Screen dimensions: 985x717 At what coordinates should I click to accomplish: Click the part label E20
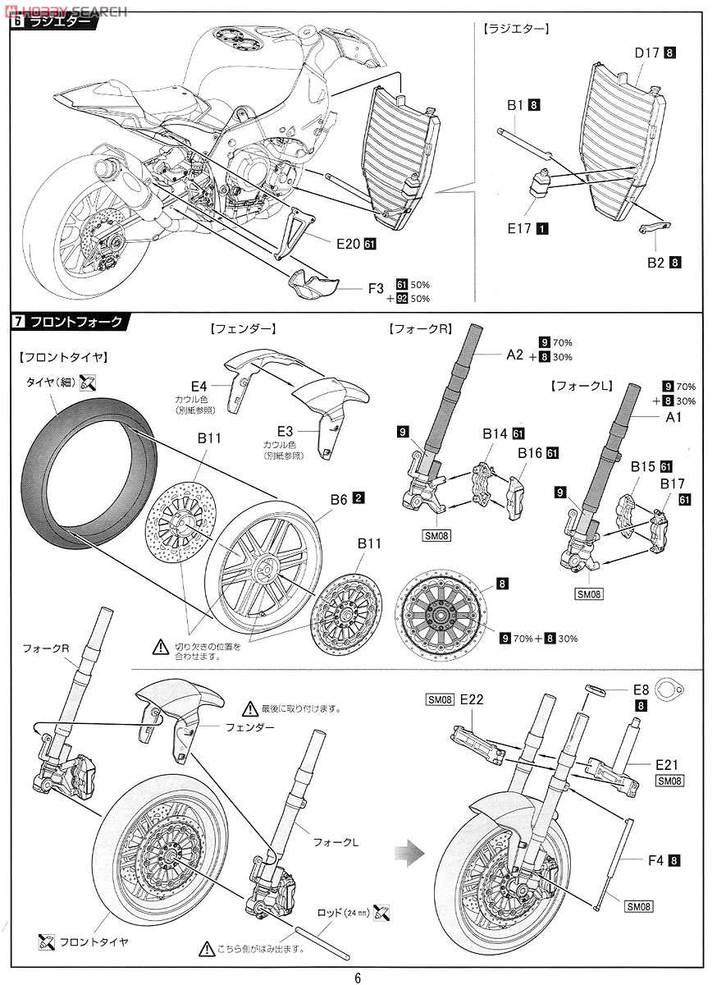(347, 244)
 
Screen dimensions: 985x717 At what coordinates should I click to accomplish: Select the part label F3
(376, 289)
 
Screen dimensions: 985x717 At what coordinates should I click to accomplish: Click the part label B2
(655, 263)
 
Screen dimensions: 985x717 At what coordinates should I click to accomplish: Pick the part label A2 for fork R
(514, 355)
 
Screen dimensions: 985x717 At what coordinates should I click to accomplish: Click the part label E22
(472, 699)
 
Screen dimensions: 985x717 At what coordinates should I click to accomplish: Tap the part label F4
(655, 860)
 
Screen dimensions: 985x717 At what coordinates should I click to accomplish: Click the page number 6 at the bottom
(358, 977)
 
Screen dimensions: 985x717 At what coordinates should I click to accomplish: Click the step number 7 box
(18, 322)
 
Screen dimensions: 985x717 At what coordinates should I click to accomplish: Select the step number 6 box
(18, 23)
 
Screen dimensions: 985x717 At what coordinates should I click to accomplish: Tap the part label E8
(642, 690)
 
